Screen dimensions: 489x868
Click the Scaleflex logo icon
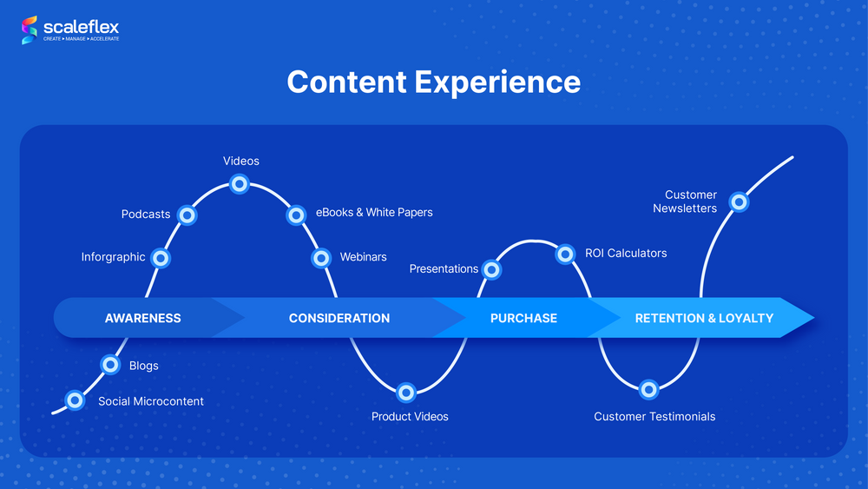coord(30,30)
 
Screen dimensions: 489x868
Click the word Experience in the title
coord(497,82)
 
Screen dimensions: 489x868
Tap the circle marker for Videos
coord(240,183)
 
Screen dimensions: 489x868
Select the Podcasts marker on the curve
coord(186,215)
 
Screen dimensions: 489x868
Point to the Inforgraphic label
coord(113,257)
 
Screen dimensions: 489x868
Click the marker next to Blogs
coord(110,364)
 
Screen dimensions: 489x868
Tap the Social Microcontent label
coord(151,401)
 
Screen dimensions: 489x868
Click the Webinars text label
coord(363,257)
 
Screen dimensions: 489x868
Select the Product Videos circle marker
coord(406,393)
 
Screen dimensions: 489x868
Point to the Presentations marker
coord(491,269)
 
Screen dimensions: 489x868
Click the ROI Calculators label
coord(626,254)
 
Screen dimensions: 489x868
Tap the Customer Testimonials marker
coord(648,390)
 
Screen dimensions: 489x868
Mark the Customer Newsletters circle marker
coord(739,202)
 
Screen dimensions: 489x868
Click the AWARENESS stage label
coord(143,318)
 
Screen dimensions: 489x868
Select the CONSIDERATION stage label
coord(339,318)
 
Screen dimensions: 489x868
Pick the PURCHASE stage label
coord(523,318)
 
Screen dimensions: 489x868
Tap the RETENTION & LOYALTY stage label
coord(704,318)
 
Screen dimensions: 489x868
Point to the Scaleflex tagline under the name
coord(82,39)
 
